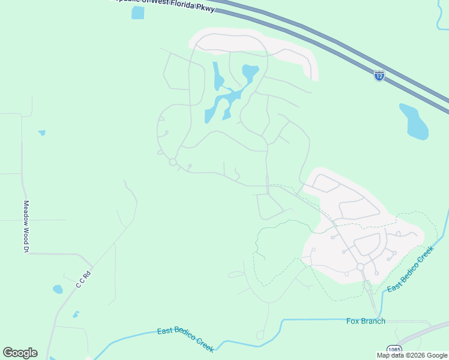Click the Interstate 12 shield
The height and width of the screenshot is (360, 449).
(379, 76)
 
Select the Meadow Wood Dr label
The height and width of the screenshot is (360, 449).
(26, 226)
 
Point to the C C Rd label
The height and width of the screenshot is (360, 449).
(83, 280)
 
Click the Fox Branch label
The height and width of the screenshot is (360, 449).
(366, 321)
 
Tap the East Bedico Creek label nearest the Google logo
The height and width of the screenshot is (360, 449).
(185, 340)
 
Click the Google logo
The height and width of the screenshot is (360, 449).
(20, 353)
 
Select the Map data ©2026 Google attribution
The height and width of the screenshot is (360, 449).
(412, 355)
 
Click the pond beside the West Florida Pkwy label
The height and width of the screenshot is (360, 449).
(138, 13)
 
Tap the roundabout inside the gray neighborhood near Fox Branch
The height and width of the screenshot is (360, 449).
(361, 266)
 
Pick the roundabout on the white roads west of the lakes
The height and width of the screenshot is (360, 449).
(173, 162)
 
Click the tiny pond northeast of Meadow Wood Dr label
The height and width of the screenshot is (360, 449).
(41, 133)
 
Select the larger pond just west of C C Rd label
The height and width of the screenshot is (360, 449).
(58, 289)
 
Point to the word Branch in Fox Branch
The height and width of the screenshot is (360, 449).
(373, 321)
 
